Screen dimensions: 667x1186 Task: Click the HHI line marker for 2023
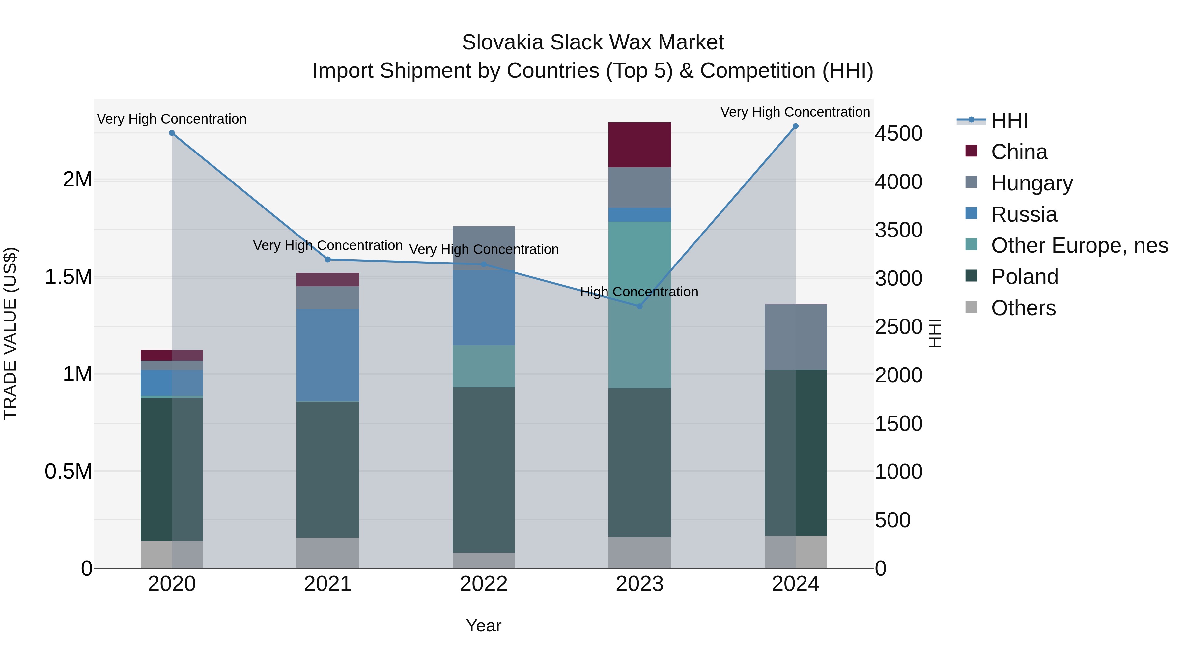(x=639, y=306)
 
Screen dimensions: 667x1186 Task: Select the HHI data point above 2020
(x=172, y=133)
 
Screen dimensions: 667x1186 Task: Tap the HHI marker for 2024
(x=795, y=126)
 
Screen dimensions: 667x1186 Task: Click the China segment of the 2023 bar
(x=639, y=145)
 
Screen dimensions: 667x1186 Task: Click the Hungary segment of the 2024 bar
(x=795, y=337)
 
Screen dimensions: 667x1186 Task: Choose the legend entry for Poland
(x=1024, y=277)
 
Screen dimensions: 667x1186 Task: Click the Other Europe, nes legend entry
(x=1079, y=245)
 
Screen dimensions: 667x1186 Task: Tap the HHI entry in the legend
(x=1009, y=121)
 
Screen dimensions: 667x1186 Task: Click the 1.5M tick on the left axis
(x=68, y=277)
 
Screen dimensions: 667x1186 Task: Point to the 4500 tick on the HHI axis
(x=898, y=133)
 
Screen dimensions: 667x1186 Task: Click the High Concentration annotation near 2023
(x=639, y=292)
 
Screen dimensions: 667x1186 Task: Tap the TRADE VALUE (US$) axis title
(x=10, y=333)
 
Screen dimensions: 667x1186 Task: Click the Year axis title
(x=483, y=625)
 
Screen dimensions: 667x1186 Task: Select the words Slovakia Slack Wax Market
(x=593, y=42)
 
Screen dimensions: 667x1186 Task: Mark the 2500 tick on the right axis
(x=898, y=327)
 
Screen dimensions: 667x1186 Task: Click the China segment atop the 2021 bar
(x=327, y=279)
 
